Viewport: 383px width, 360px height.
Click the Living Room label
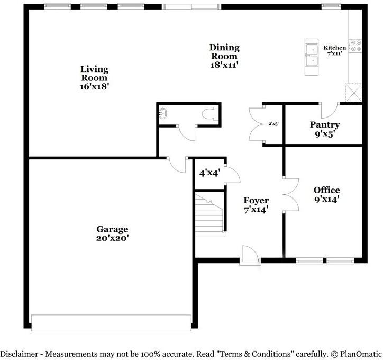[95, 77]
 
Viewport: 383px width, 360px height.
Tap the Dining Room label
[225, 56]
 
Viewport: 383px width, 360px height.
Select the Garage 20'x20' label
[112, 233]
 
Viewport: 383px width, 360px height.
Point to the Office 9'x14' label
[326, 194]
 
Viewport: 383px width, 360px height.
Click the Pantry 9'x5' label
[324, 129]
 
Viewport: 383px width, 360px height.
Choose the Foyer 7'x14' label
[256, 204]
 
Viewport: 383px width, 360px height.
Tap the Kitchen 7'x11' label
[335, 51]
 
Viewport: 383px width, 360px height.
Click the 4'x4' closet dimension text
[209, 173]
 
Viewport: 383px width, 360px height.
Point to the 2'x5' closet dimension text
[273, 124]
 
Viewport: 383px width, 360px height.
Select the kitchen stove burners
[355, 46]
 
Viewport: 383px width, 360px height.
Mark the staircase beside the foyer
[209, 214]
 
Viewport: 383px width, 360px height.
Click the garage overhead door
[111, 322]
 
